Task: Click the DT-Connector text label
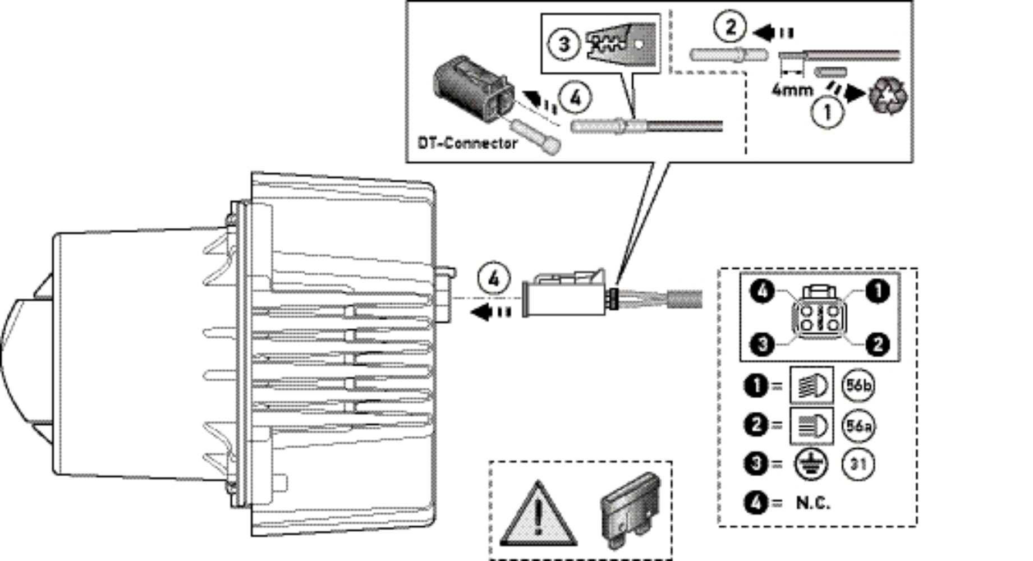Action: coord(467,143)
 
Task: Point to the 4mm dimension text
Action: coord(792,89)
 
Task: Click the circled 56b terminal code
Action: coord(858,386)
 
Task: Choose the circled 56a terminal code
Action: coord(858,426)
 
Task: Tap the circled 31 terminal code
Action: coord(858,465)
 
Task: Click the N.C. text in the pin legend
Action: coord(813,503)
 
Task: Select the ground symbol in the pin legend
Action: coord(811,465)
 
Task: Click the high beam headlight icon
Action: coord(811,386)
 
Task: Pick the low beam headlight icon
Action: coord(811,426)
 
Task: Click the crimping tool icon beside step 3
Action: coord(619,43)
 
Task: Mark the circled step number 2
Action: coord(730,26)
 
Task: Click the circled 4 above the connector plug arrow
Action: coord(494,279)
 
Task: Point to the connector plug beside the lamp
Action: coord(564,294)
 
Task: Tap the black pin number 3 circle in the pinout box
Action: coord(763,344)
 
